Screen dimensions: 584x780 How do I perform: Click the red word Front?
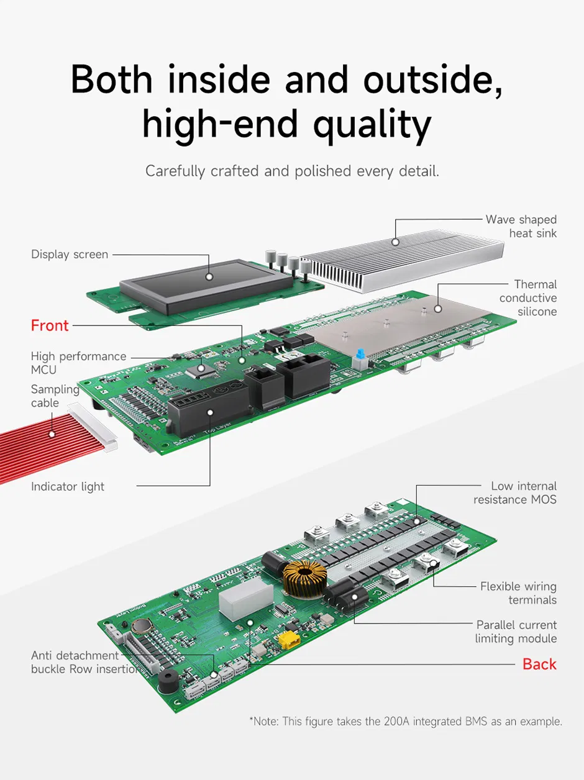click(50, 325)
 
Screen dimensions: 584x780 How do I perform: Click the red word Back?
click(539, 664)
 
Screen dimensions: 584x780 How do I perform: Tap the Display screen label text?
click(70, 255)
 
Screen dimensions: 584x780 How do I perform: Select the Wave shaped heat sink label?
click(521, 226)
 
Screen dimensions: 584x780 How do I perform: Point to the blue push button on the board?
click(361, 353)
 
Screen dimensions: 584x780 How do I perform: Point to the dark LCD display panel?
click(206, 286)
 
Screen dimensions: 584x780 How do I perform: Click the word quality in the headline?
click(372, 124)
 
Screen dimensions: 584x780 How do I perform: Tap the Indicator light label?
click(68, 486)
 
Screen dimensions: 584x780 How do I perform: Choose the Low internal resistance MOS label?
click(515, 492)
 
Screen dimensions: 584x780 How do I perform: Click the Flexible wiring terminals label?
click(519, 593)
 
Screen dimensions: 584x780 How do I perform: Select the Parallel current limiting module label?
click(516, 632)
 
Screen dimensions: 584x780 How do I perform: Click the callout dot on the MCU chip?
click(201, 368)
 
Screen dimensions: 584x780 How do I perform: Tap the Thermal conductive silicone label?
click(528, 298)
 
